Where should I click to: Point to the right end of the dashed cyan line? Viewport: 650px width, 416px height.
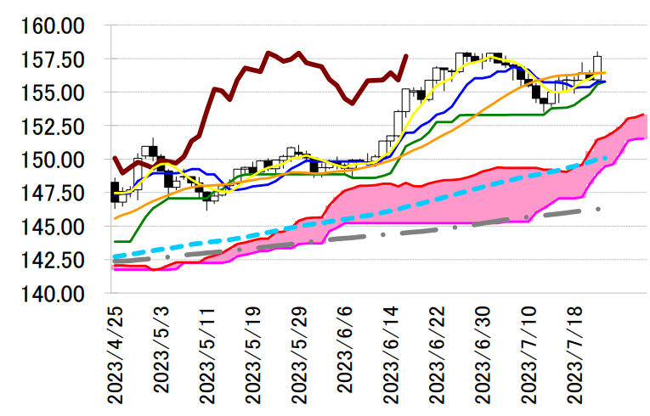(x=605, y=158)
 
